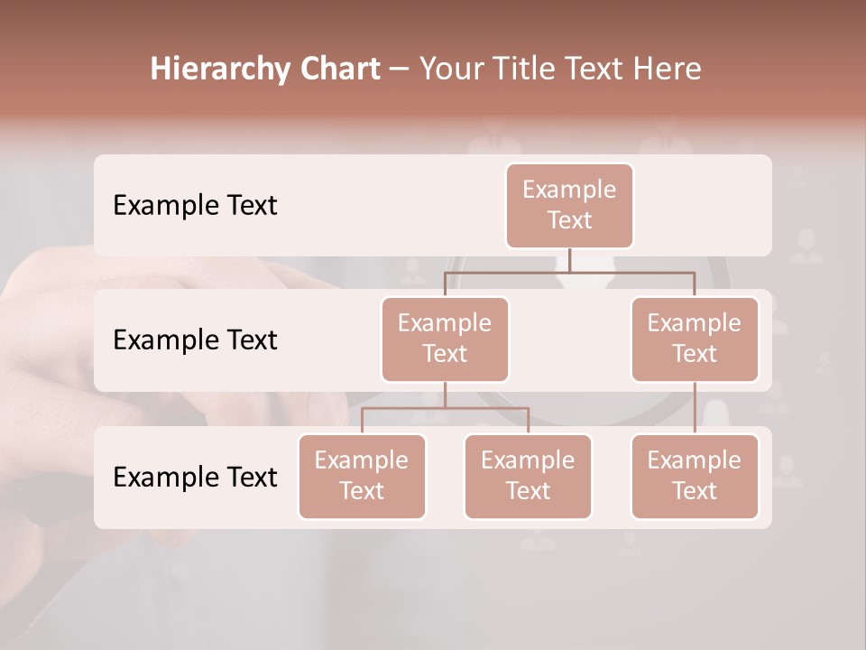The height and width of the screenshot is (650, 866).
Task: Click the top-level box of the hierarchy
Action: pyautogui.click(x=569, y=205)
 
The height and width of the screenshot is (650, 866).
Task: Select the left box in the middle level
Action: pyautogui.click(x=445, y=339)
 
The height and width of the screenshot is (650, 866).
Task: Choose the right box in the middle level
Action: pyautogui.click(x=695, y=339)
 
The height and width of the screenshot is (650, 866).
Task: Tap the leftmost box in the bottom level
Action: pyautogui.click(x=362, y=476)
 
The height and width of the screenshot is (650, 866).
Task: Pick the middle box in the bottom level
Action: pyautogui.click(x=528, y=476)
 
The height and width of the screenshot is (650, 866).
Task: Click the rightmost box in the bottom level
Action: pyautogui.click(x=695, y=476)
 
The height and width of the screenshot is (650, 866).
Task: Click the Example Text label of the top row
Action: pyautogui.click(x=195, y=205)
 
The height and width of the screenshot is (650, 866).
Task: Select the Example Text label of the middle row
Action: pyautogui.click(x=195, y=339)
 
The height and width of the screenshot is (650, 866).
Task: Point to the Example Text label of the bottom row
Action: pyautogui.click(x=195, y=477)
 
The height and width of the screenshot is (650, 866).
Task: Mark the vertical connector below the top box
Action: pyautogui.click(x=569, y=260)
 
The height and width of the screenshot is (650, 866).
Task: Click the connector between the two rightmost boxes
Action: pyautogui.click(x=695, y=408)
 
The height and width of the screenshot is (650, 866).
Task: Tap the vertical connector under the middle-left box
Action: pyautogui.click(x=445, y=395)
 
